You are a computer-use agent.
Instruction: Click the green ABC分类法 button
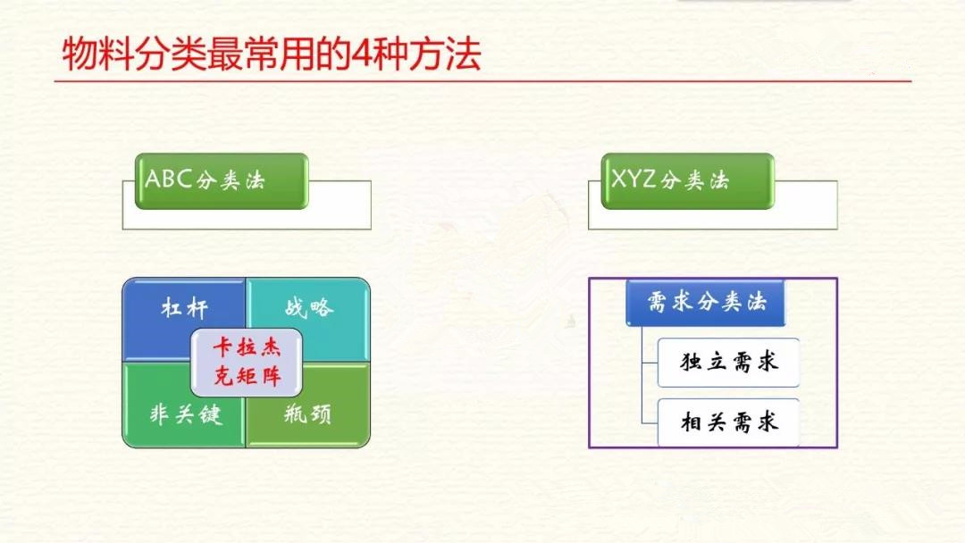coord(222,181)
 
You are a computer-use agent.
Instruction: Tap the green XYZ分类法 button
coord(687,181)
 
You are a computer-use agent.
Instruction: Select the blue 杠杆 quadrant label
coord(185,307)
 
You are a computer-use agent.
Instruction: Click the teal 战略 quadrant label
coord(309,307)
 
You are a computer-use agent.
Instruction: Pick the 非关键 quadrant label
coord(185,414)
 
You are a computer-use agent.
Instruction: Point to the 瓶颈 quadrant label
coord(307,414)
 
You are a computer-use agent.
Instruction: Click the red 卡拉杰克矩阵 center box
coord(247,363)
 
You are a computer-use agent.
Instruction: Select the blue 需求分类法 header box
coord(706,302)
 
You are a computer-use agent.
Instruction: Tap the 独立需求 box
coord(729,363)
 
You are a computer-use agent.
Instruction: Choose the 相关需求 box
coord(729,422)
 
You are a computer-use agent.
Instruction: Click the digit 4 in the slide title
coord(360,54)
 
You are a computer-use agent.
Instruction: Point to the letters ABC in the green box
coord(169,179)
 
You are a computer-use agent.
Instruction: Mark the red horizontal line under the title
coord(482,80)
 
